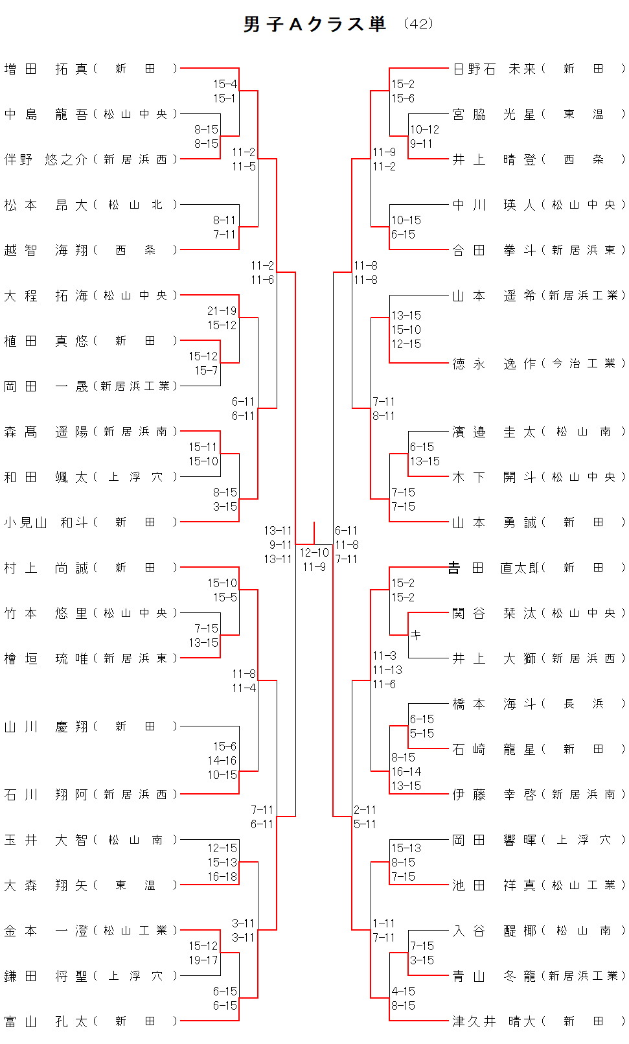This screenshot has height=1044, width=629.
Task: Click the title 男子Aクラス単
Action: (x=315, y=25)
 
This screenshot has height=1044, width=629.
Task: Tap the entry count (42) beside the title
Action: (x=418, y=24)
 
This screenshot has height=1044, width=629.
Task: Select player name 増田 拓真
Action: (x=45, y=69)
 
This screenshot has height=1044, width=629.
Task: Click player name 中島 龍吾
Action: (x=45, y=114)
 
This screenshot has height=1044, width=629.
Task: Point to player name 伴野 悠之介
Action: (x=45, y=159)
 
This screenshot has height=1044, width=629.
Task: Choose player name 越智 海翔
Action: (x=45, y=250)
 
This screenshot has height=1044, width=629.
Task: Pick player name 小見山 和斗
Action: (x=45, y=522)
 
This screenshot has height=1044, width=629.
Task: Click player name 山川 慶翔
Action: (x=45, y=726)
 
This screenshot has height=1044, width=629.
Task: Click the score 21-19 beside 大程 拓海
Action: (x=222, y=311)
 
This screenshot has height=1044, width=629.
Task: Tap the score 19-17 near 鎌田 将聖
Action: (x=203, y=960)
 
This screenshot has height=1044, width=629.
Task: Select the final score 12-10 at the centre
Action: (x=314, y=553)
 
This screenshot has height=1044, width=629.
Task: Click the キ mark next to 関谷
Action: (x=416, y=635)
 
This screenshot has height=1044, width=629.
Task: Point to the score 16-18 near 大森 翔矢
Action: (x=222, y=877)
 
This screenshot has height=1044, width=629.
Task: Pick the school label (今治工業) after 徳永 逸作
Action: (x=584, y=364)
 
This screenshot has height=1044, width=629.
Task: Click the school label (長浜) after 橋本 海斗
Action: (x=584, y=704)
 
